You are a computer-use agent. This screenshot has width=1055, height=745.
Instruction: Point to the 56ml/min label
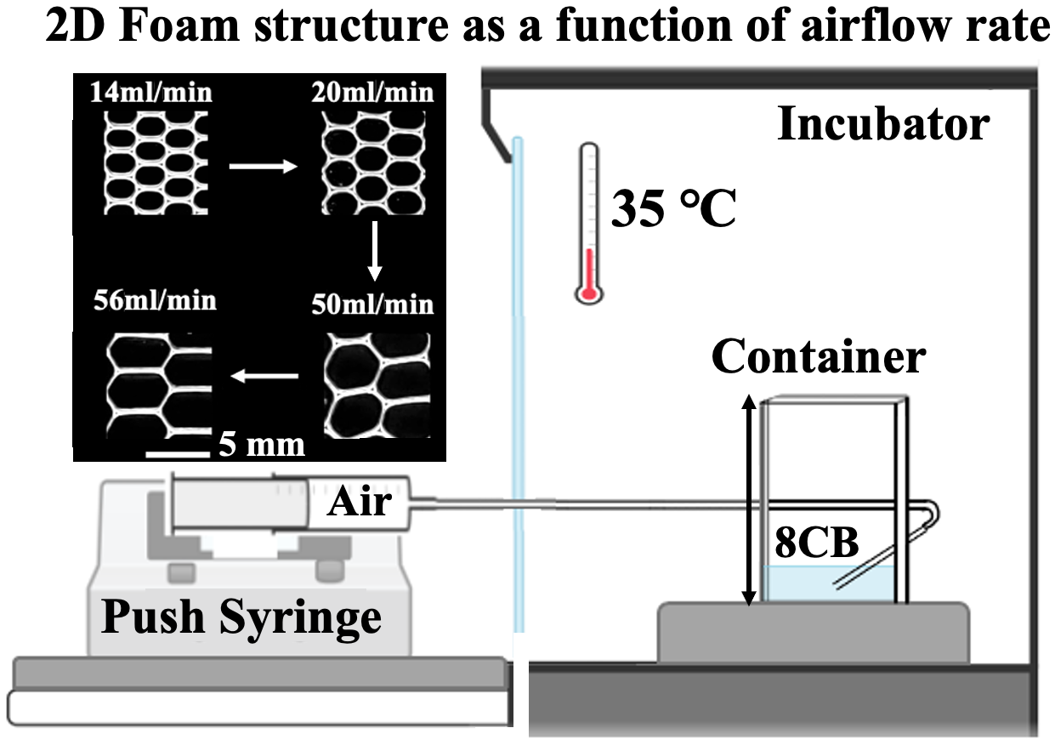(x=154, y=301)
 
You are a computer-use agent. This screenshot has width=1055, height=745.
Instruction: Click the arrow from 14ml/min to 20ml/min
(x=263, y=168)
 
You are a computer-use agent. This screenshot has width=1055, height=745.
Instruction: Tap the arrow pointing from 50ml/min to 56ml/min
(x=266, y=375)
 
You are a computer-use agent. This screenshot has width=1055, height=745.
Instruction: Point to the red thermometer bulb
(x=586, y=294)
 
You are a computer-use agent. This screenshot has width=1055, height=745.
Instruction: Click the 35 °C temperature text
(x=673, y=209)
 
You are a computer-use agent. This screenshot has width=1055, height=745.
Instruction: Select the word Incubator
(x=883, y=126)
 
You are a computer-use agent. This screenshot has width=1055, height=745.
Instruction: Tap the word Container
(x=818, y=357)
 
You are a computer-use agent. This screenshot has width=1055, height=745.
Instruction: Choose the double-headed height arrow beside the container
(x=749, y=501)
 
